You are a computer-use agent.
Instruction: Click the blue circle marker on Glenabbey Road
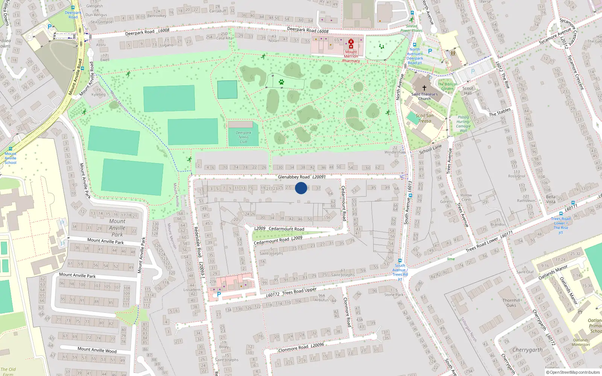(x=301, y=188)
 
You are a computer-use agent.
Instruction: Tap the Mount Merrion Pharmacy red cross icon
(x=351, y=44)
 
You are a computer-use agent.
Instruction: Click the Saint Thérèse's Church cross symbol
(x=424, y=88)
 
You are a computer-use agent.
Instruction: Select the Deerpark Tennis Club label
(x=243, y=137)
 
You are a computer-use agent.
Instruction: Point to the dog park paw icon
(x=281, y=82)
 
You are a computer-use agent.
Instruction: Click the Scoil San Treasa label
(x=424, y=118)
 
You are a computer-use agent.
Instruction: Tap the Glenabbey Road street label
(x=293, y=177)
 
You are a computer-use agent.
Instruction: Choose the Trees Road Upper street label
(x=299, y=292)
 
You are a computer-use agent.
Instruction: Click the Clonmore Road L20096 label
(x=301, y=347)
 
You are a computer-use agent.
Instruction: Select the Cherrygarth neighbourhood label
(x=528, y=350)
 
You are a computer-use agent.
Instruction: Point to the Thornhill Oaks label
(x=511, y=303)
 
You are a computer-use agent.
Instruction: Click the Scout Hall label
(x=468, y=91)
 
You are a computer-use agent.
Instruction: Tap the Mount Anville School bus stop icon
(x=11, y=149)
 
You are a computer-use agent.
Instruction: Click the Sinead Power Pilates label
(x=411, y=28)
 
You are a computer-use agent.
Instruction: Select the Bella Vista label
(x=550, y=199)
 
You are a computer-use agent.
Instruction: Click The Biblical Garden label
(x=447, y=86)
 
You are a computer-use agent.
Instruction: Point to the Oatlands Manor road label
(x=553, y=272)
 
